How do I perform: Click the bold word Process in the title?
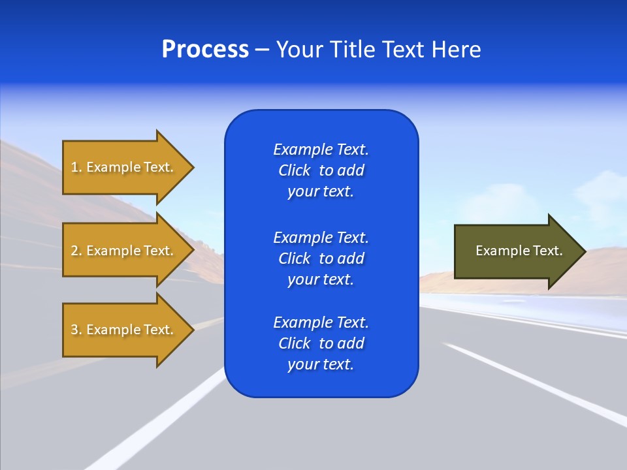pos(205,50)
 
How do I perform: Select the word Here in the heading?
pos(455,50)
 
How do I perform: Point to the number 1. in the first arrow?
pos(76,167)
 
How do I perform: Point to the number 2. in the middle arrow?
pos(76,251)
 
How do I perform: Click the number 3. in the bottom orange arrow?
pos(76,330)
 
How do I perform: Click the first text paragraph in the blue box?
pos(321,170)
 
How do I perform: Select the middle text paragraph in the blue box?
pos(321,258)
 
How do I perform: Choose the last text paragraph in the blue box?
pos(321,343)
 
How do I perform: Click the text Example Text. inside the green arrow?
pos(519,251)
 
